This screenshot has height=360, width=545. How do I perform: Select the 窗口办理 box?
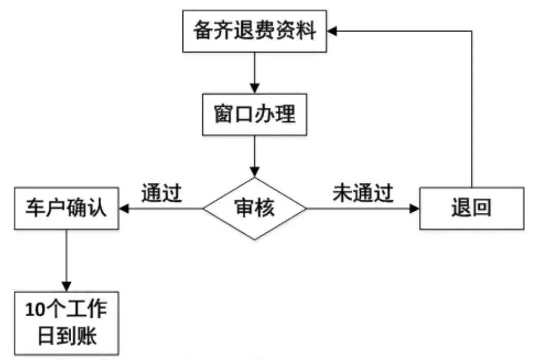pyautogui.click(x=254, y=114)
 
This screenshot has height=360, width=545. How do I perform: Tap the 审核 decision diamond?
pyautogui.click(x=254, y=208)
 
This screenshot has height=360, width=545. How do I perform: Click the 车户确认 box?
pyautogui.click(x=66, y=208)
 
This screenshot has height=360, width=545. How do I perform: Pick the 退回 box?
pyautogui.click(x=471, y=208)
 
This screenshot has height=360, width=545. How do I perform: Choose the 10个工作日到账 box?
pyautogui.click(x=66, y=323)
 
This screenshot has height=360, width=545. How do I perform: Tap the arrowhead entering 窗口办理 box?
pyautogui.click(x=254, y=88)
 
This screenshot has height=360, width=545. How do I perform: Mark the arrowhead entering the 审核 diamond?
pyautogui.click(x=254, y=172)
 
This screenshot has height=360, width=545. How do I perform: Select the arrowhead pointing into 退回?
pyautogui.click(x=413, y=208)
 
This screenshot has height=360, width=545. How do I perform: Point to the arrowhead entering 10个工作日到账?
pyautogui.click(x=66, y=286)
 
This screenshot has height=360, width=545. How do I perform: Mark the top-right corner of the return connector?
pyautogui.click(x=472, y=32)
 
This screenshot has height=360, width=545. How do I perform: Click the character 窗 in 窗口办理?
pyautogui.click(x=223, y=114)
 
